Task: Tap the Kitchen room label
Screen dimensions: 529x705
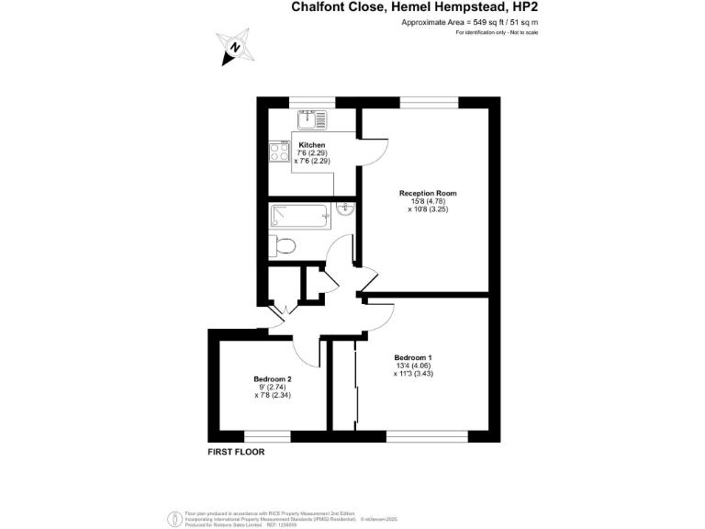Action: pyautogui.click(x=312, y=145)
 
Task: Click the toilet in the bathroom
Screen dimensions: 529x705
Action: pyautogui.click(x=283, y=245)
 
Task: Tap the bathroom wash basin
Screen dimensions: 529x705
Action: pyautogui.click(x=344, y=208)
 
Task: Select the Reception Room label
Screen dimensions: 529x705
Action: pyautogui.click(x=427, y=193)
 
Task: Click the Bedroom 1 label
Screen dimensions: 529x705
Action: pyautogui.click(x=413, y=357)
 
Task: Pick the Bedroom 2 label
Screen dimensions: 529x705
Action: pyautogui.click(x=273, y=378)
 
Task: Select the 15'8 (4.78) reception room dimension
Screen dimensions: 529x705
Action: pyautogui.click(x=428, y=201)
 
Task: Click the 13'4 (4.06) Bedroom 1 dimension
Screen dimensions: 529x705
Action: pyautogui.click(x=413, y=366)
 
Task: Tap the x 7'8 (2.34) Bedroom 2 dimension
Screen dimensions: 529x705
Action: pyautogui.click(x=273, y=396)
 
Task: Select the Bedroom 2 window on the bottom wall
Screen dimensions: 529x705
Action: pyautogui.click(x=267, y=435)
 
